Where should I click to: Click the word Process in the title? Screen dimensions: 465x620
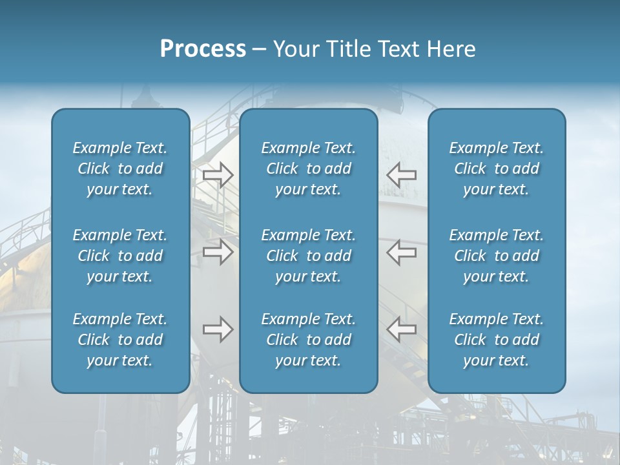click(x=203, y=49)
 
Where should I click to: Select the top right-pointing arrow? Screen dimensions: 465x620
click(x=218, y=174)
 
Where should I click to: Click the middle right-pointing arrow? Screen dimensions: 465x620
click(x=218, y=252)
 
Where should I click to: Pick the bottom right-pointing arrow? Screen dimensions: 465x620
click(x=218, y=329)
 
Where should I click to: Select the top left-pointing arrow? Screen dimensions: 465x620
click(x=402, y=174)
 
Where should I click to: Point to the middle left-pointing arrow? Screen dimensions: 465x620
click(x=402, y=252)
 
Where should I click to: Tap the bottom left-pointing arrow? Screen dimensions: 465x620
click(x=402, y=329)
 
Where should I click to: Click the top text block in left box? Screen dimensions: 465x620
click(x=120, y=169)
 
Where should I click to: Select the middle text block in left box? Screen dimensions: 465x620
click(x=120, y=256)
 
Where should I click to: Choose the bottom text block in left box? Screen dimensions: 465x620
click(x=120, y=340)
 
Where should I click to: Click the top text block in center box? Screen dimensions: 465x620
click(x=309, y=169)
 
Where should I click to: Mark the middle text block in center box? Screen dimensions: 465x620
click(x=309, y=256)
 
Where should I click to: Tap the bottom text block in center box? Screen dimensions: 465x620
click(x=309, y=340)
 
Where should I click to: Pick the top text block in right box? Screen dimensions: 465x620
click(x=497, y=169)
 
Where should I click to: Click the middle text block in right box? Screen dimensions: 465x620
click(x=497, y=256)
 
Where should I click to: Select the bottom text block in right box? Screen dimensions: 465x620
click(x=497, y=340)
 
